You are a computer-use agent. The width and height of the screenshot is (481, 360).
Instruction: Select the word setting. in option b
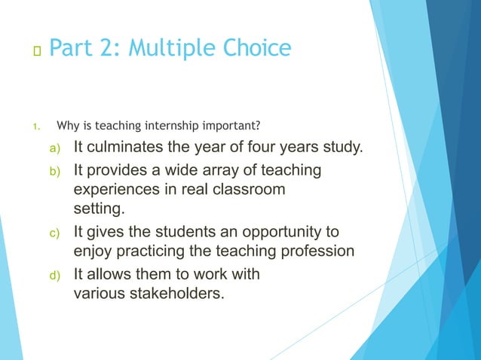pos(98,207)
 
